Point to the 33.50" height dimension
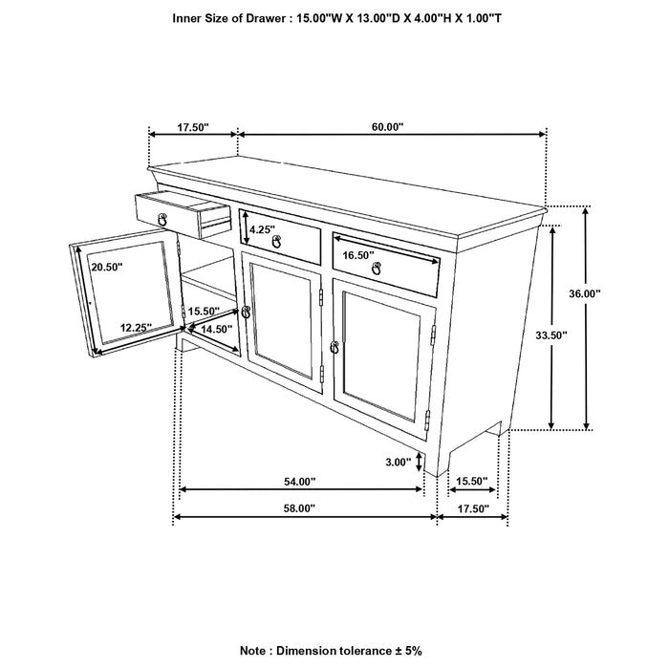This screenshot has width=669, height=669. click(524, 334)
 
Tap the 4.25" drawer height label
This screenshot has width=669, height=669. click(262, 229)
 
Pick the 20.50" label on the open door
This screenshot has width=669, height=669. click(106, 269)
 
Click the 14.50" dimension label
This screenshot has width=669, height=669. click(217, 329)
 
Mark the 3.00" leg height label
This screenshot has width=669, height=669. click(398, 462)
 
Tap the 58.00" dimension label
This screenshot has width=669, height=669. click(300, 508)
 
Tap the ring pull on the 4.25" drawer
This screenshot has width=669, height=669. click(277, 243)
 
